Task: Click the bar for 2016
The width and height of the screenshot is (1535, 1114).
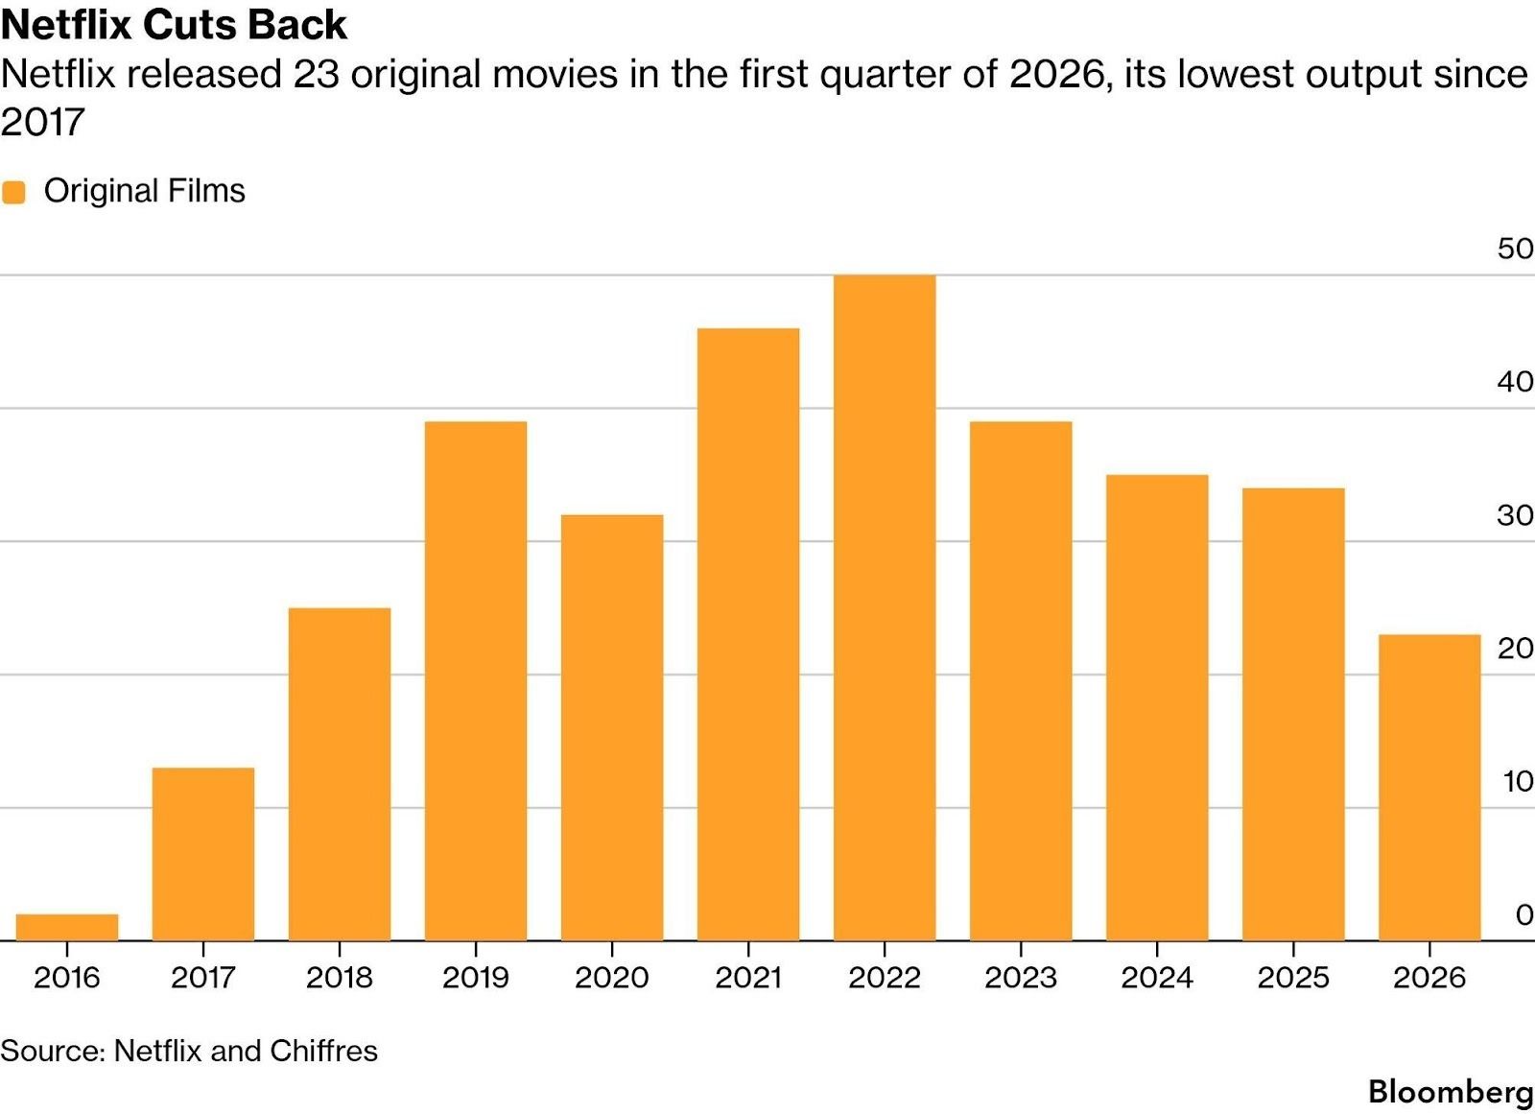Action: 67,927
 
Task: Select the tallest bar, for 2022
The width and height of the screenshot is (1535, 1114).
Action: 885,607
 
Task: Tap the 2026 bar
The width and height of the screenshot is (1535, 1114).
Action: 1429,787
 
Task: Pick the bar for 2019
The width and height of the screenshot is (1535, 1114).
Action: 476,680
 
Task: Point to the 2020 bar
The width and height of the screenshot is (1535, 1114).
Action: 612,727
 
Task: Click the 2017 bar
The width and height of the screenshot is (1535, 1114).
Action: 203,853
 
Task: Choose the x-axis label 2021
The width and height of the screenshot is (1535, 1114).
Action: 748,978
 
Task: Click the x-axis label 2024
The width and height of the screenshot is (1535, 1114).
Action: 1157,978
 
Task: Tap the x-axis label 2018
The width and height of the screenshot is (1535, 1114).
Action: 340,978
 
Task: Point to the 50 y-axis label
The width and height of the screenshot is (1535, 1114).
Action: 1515,249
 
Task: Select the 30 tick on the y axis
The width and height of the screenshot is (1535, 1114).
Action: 1515,515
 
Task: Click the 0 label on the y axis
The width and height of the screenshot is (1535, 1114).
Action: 1523,914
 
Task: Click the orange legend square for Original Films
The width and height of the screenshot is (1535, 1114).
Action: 13,192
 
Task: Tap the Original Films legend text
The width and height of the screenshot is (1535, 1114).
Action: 145,191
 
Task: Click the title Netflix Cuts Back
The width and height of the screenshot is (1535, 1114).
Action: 174,25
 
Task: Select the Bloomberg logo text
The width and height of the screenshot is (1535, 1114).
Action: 1451,1091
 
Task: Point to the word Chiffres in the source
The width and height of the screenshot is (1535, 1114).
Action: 323,1051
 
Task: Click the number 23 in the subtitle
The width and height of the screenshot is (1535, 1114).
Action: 316,75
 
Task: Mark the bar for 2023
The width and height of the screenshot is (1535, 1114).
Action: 1021,680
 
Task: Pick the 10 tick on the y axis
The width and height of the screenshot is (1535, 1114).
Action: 1518,782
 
